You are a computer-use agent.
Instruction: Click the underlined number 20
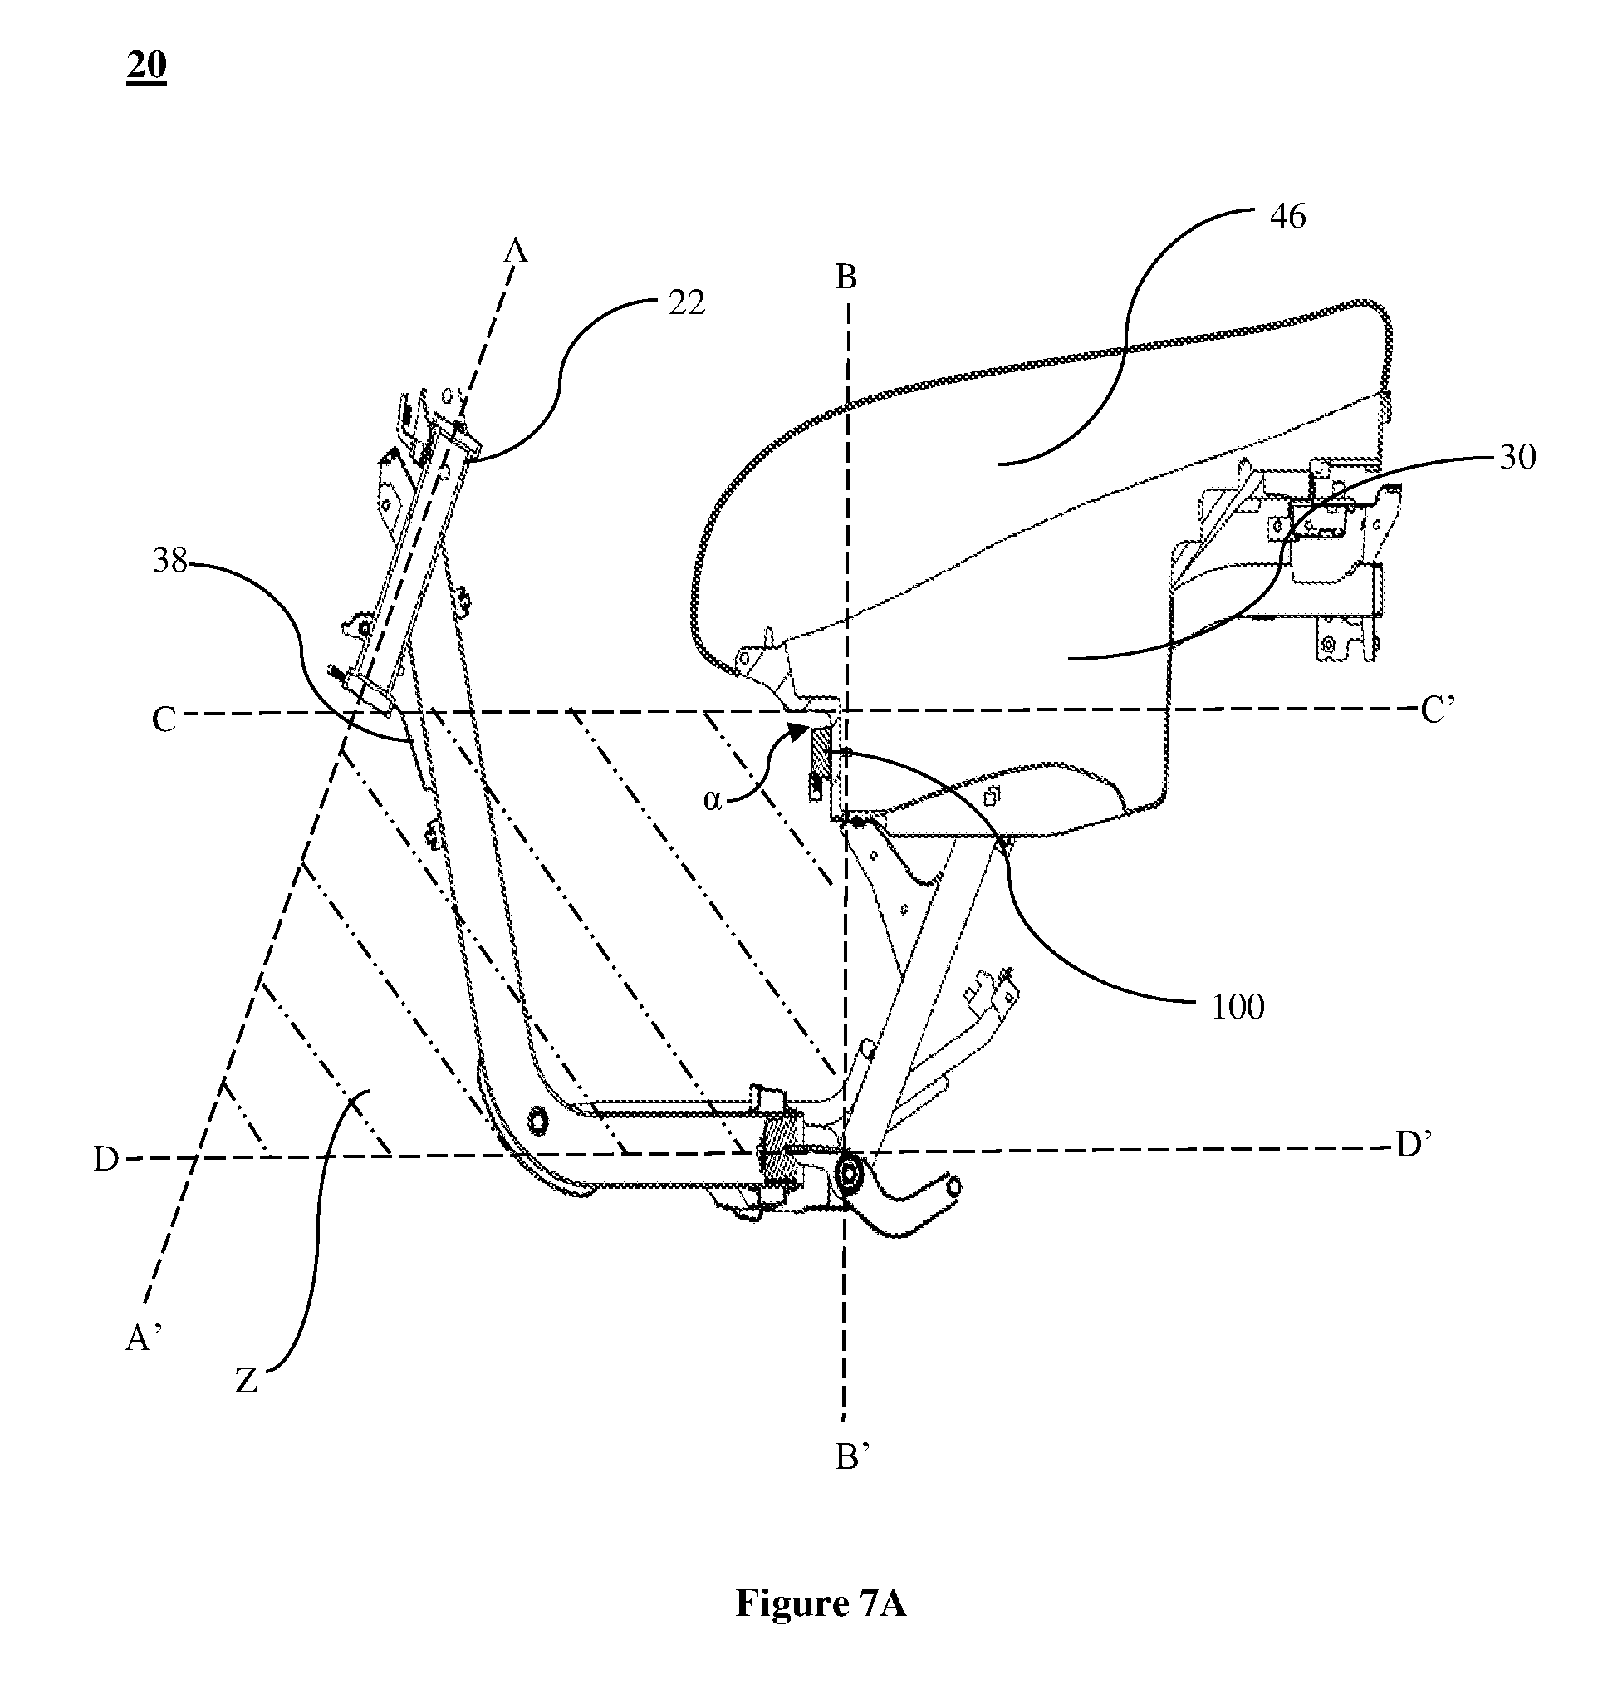click(x=146, y=66)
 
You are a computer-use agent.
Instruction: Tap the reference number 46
click(x=1288, y=217)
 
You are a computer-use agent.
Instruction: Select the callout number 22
click(x=686, y=302)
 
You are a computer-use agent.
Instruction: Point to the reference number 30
click(x=1517, y=458)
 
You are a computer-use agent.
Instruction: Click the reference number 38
click(x=170, y=561)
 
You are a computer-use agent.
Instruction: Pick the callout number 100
click(x=1238, y=1008)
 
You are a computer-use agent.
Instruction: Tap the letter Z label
click(x=246, y=1382)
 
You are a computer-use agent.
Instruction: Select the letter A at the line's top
click(x=516, y=250)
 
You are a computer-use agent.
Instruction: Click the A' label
click(x=144, y=1338)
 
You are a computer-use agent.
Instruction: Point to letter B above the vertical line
click(x=846, y=277)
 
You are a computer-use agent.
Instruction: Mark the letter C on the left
click(x=164, y=719)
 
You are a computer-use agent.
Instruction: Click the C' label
click(x=1439, y=711)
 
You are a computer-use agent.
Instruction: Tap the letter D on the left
click(x=106, y=1160)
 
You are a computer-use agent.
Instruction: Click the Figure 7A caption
click(x=821, y=1603)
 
